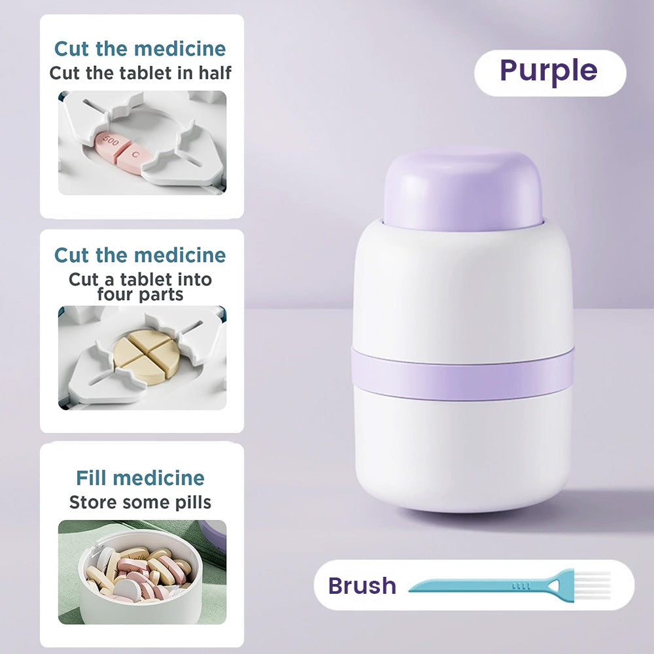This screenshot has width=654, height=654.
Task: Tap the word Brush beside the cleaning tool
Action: (x=362, y=585)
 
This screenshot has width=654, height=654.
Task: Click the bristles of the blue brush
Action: (x=593, y=585)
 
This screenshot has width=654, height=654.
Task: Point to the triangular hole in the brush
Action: (x=554, y=585)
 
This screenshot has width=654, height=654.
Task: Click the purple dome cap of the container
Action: (x=463, y=190)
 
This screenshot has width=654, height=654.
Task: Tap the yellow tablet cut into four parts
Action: (x=146, y=357)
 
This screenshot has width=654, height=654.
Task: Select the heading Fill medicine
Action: (x=140, y=478)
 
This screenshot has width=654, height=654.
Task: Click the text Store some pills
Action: (x=140, y=502)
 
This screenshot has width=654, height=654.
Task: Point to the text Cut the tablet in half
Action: (x=140, y=73)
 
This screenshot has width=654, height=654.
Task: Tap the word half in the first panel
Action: (x=215, y=73)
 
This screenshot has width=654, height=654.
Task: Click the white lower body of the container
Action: (x=462, y=453)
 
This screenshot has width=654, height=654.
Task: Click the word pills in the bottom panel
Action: (x=193, y=502)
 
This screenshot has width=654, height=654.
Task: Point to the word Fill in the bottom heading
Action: (x=92, y=478)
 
